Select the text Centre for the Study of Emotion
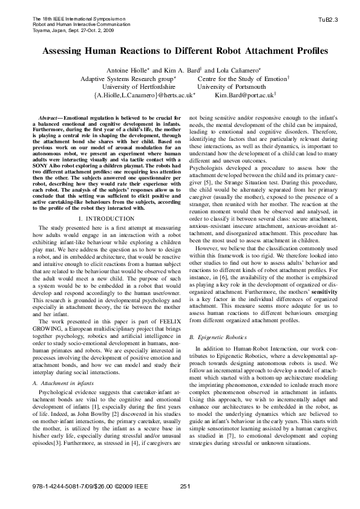pyautogui.click(x=235, y=79)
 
